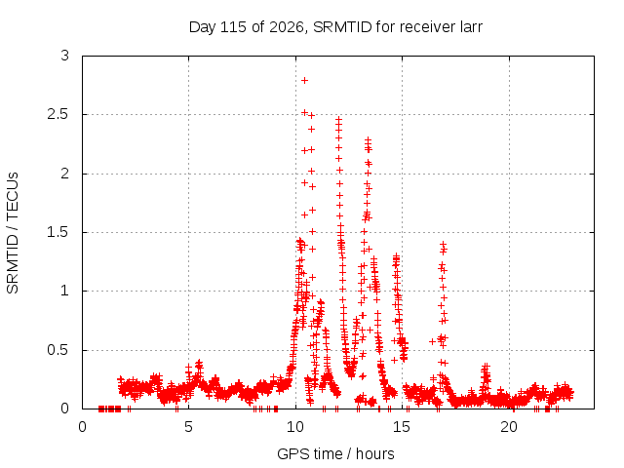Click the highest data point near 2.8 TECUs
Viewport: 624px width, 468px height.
(x=305, y=80)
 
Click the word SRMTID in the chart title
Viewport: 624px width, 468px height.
(x=342, y=27)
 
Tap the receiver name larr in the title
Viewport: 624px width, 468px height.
(x=471, y=27)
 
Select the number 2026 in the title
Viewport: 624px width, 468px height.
(x=287, y=27)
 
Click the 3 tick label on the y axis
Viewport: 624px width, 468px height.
(x=65, y=56)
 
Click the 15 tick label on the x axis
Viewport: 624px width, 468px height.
(x=402, y=427)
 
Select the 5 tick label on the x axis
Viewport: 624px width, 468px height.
(x=188, y=427)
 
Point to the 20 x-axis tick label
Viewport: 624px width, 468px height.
(x=509, y=427)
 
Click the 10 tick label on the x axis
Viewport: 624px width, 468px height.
(x=295, y=427)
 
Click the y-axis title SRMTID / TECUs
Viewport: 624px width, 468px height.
(x=13, y=233)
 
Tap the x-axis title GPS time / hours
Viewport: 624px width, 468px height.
(x=335, y=454)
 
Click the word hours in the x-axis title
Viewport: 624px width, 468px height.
(x=374, y=454)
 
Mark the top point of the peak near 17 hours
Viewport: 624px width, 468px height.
(x=443, y=244)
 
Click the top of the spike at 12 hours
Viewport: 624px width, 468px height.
(x=338, y=119)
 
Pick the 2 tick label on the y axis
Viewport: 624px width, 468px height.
(x=65, y=174)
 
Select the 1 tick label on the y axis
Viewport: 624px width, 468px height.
(x=65, y=291)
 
